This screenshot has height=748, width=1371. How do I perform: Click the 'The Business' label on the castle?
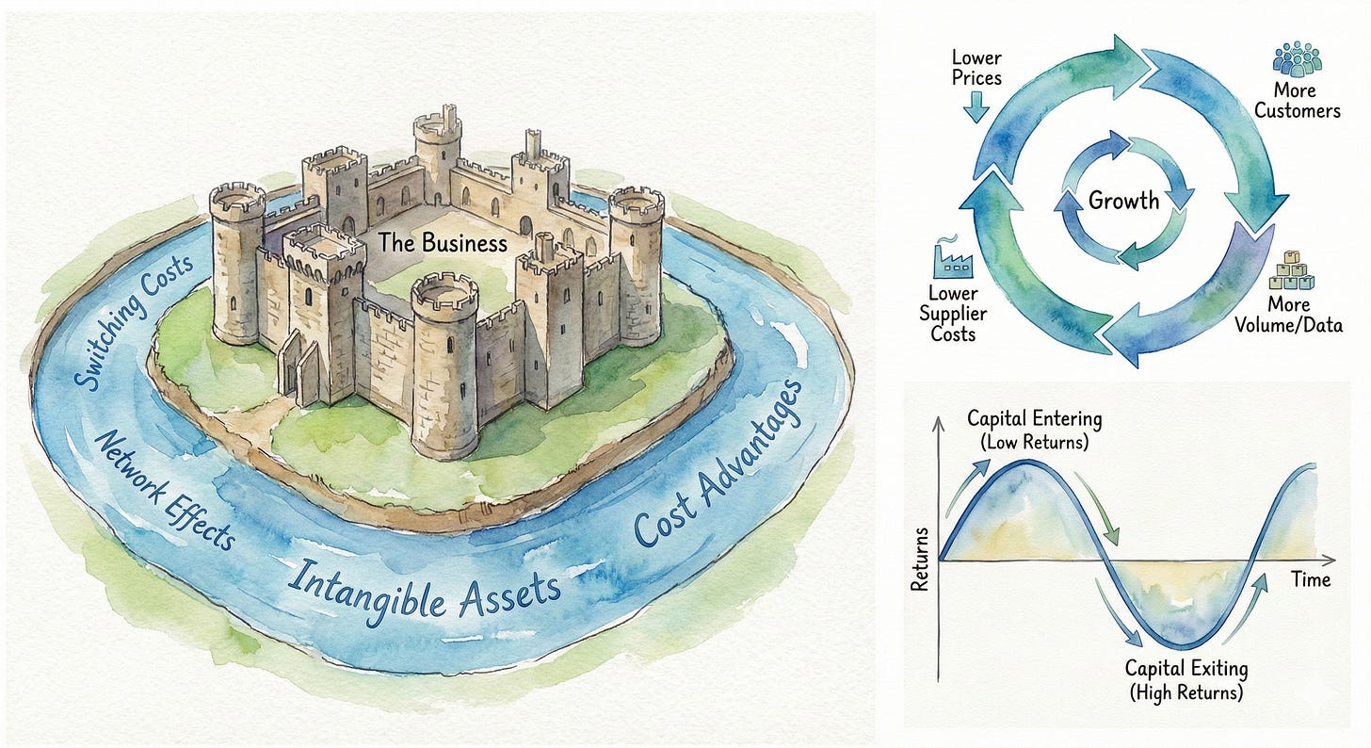(x=442, y=243)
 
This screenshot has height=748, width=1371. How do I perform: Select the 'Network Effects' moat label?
(x=165, y=491)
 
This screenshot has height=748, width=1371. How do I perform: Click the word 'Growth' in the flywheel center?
(x=1124, y=200)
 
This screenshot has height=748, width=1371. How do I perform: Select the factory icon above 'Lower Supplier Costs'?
(x=951, y=256)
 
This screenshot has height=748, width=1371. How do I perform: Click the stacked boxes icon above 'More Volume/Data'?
(x=1289, y=272)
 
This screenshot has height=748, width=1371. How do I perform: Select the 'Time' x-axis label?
(x=1311, y=579)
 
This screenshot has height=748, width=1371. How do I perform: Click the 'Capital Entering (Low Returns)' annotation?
(x=1034, y=430)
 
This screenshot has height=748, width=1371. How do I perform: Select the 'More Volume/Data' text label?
(x=1289, y=316)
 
